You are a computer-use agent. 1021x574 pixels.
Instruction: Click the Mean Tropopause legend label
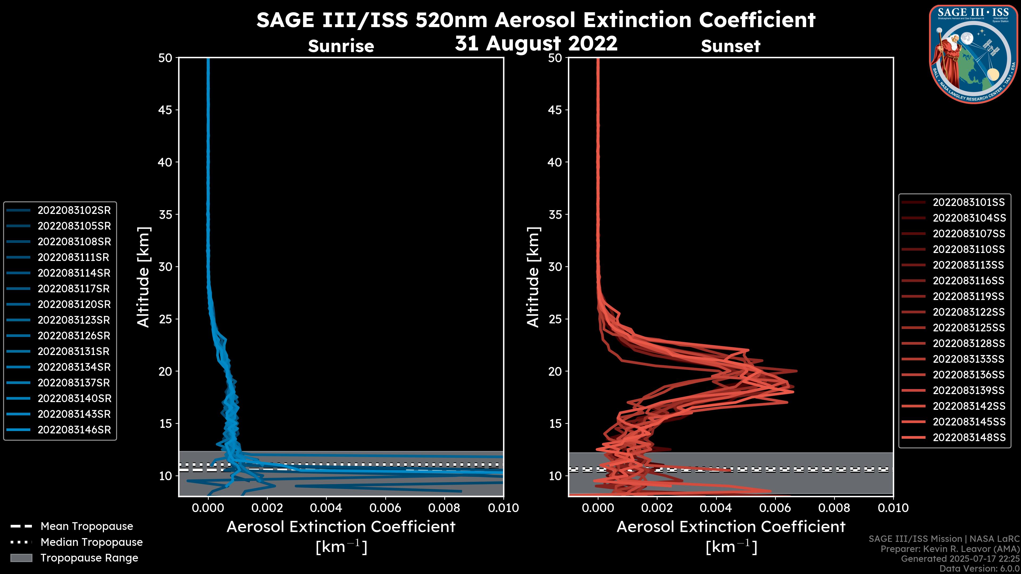click(x=87, y=526)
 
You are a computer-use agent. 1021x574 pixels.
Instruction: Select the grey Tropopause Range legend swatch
click(x=21, y=558)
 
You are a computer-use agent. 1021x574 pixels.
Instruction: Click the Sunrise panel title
click(x=341, y=46)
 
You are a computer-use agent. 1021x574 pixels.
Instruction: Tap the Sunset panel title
click(x=730, y=46)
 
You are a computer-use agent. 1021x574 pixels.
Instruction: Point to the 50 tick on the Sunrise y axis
click(x=165, y=58)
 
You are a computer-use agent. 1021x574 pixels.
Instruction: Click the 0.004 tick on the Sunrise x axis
click(x=326, y=508)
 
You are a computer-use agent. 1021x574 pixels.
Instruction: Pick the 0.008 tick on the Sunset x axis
click(x=834, y=508)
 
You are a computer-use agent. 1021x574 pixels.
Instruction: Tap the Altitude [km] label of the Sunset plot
click(x=533, y=277)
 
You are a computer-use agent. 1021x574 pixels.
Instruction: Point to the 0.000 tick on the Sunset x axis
click(x=598, y=508)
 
